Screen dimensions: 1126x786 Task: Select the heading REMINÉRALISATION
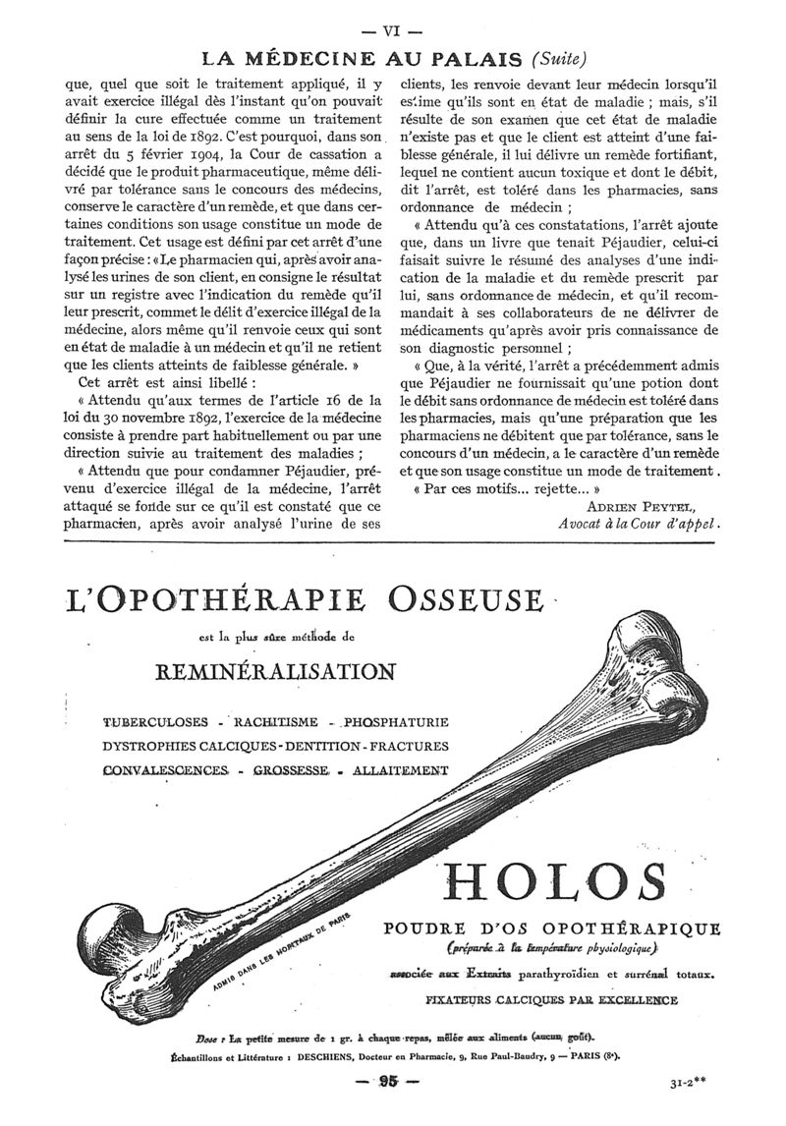(x=275, y=671)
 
